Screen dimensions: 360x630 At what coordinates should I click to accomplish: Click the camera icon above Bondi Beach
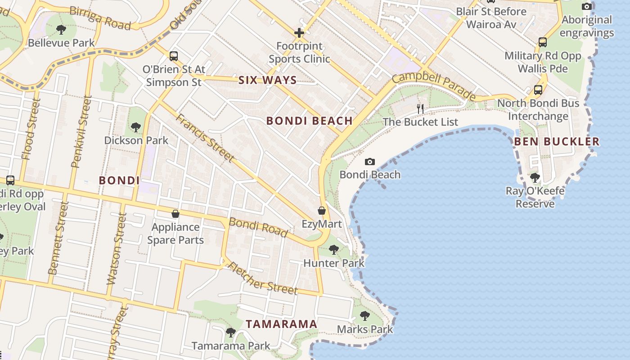point(369,162)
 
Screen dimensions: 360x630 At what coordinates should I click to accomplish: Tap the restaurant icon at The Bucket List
point(420,108)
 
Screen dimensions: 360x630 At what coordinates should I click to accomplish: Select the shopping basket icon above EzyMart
point(322,211)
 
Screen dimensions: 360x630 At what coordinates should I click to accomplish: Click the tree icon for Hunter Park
point(333,249)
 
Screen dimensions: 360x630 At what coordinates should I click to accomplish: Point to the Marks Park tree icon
point(365,315)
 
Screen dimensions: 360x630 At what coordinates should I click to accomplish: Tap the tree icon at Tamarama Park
point(231,333)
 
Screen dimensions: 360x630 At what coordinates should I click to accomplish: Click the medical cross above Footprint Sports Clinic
point(299,32)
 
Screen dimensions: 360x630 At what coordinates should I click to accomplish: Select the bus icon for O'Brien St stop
point(174,56)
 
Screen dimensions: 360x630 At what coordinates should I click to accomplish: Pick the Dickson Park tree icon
point(136,127)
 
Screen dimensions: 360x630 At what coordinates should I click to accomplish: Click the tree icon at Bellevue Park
point(61,30)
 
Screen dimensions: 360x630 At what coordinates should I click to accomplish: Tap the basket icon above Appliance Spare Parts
point(175,214)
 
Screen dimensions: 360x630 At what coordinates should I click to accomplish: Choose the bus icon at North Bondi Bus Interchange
point(538,90)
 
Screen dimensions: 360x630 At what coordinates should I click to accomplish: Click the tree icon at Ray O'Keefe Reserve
point(535,178)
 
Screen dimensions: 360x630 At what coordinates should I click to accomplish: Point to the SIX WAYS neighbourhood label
point(267,81)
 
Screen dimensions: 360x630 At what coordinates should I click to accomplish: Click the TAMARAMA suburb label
point(282,324)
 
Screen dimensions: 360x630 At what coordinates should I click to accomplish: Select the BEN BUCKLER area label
point(557,141)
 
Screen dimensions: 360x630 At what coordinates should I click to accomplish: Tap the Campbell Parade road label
point(433,86)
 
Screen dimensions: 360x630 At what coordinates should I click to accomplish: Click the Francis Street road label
point(205,138)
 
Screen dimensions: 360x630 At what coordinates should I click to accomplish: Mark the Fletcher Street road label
point(262,278)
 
